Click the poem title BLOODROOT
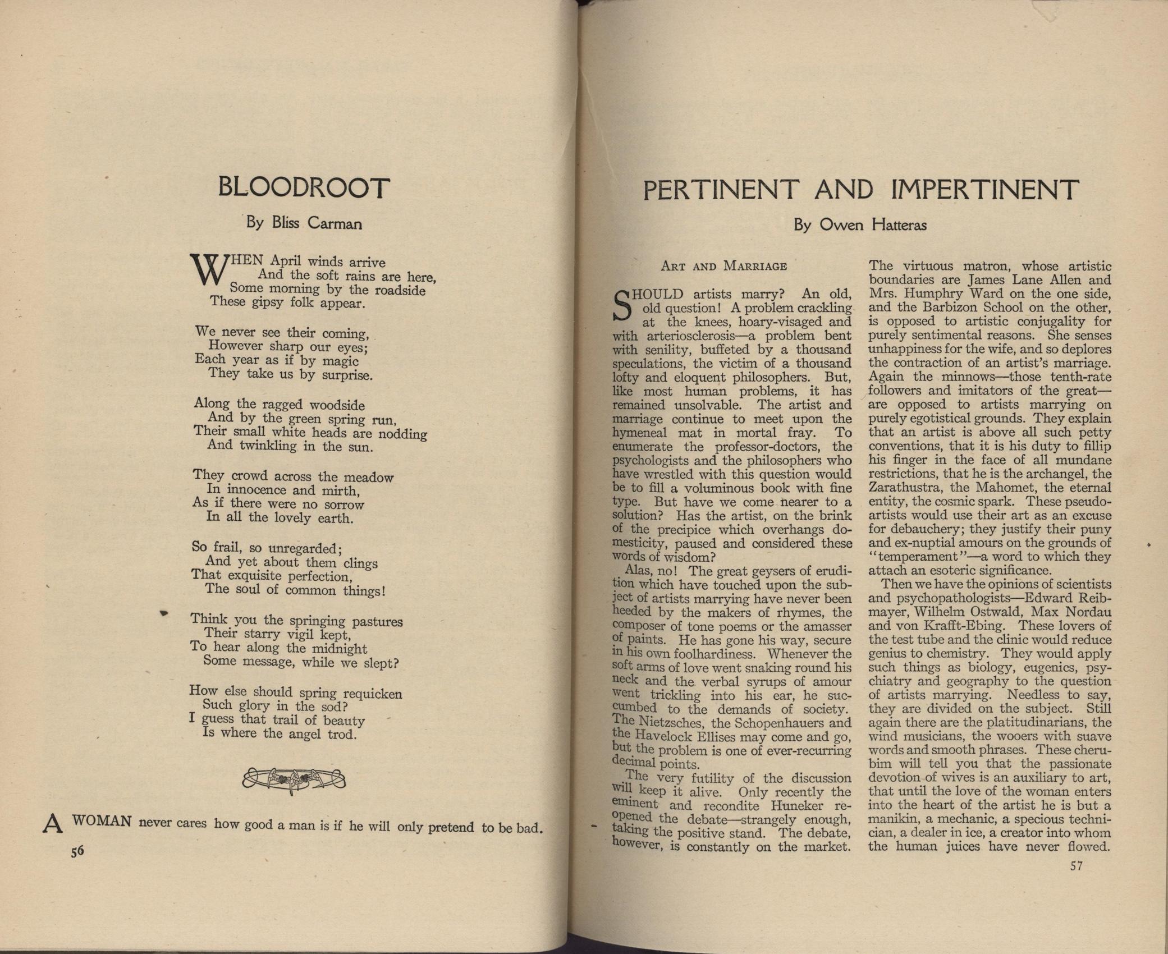pos(303,187)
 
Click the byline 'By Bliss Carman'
pos(304,224)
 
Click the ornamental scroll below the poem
pos(294,779)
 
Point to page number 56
pos(77,851)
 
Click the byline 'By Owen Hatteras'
pos(860,226)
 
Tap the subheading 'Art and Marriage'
pos(723,266)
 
